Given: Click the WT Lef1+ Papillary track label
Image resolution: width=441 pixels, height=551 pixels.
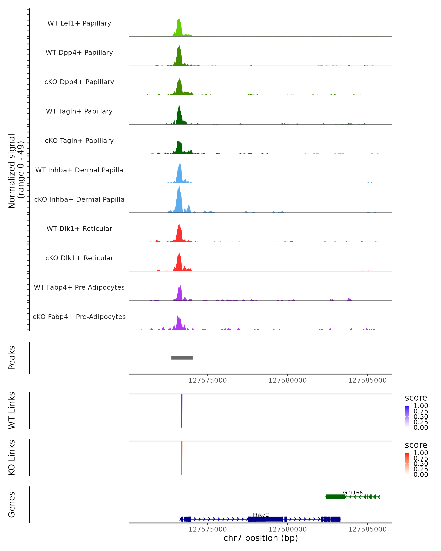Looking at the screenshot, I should tap(79, 23).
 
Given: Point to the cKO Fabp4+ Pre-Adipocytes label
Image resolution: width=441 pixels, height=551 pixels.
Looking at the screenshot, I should tap(79, 317).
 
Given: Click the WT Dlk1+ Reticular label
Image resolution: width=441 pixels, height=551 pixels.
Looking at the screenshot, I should tap(79, 228).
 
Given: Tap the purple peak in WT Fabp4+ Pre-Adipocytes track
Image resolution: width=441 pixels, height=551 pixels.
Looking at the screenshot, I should tap(180, 294).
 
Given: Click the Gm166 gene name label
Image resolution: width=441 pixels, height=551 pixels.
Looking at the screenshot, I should tap(353, 492).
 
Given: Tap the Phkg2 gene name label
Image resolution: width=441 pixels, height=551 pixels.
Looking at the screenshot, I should tap(261, 515).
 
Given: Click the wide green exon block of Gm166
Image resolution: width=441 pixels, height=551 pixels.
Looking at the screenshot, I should tap(335, 497).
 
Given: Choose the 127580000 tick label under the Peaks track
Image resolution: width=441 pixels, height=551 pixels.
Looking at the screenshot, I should tap(287, 380).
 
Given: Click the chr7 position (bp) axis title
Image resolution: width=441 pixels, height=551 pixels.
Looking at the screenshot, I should tap(261, 538).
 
